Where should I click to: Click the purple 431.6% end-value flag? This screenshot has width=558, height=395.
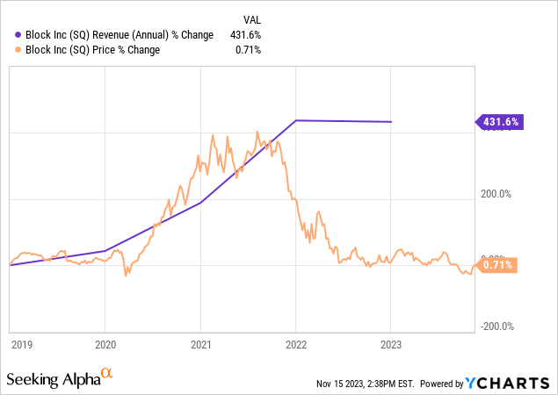[500, 123]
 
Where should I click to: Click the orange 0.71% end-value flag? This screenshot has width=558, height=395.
[497, 264]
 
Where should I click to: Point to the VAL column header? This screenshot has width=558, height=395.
[250, 18]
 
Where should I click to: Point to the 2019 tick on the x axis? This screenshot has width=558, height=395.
[21, 345]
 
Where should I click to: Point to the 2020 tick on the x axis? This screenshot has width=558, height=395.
[105, 345]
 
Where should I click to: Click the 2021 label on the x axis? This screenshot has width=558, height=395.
[201, 345]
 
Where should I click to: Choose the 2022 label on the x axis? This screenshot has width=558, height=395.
[296, 345]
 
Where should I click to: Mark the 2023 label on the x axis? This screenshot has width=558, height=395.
[391, 345]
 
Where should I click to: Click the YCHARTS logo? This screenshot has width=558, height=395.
[512, 383]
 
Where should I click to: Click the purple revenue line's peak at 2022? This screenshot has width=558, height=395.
[296, 120]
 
